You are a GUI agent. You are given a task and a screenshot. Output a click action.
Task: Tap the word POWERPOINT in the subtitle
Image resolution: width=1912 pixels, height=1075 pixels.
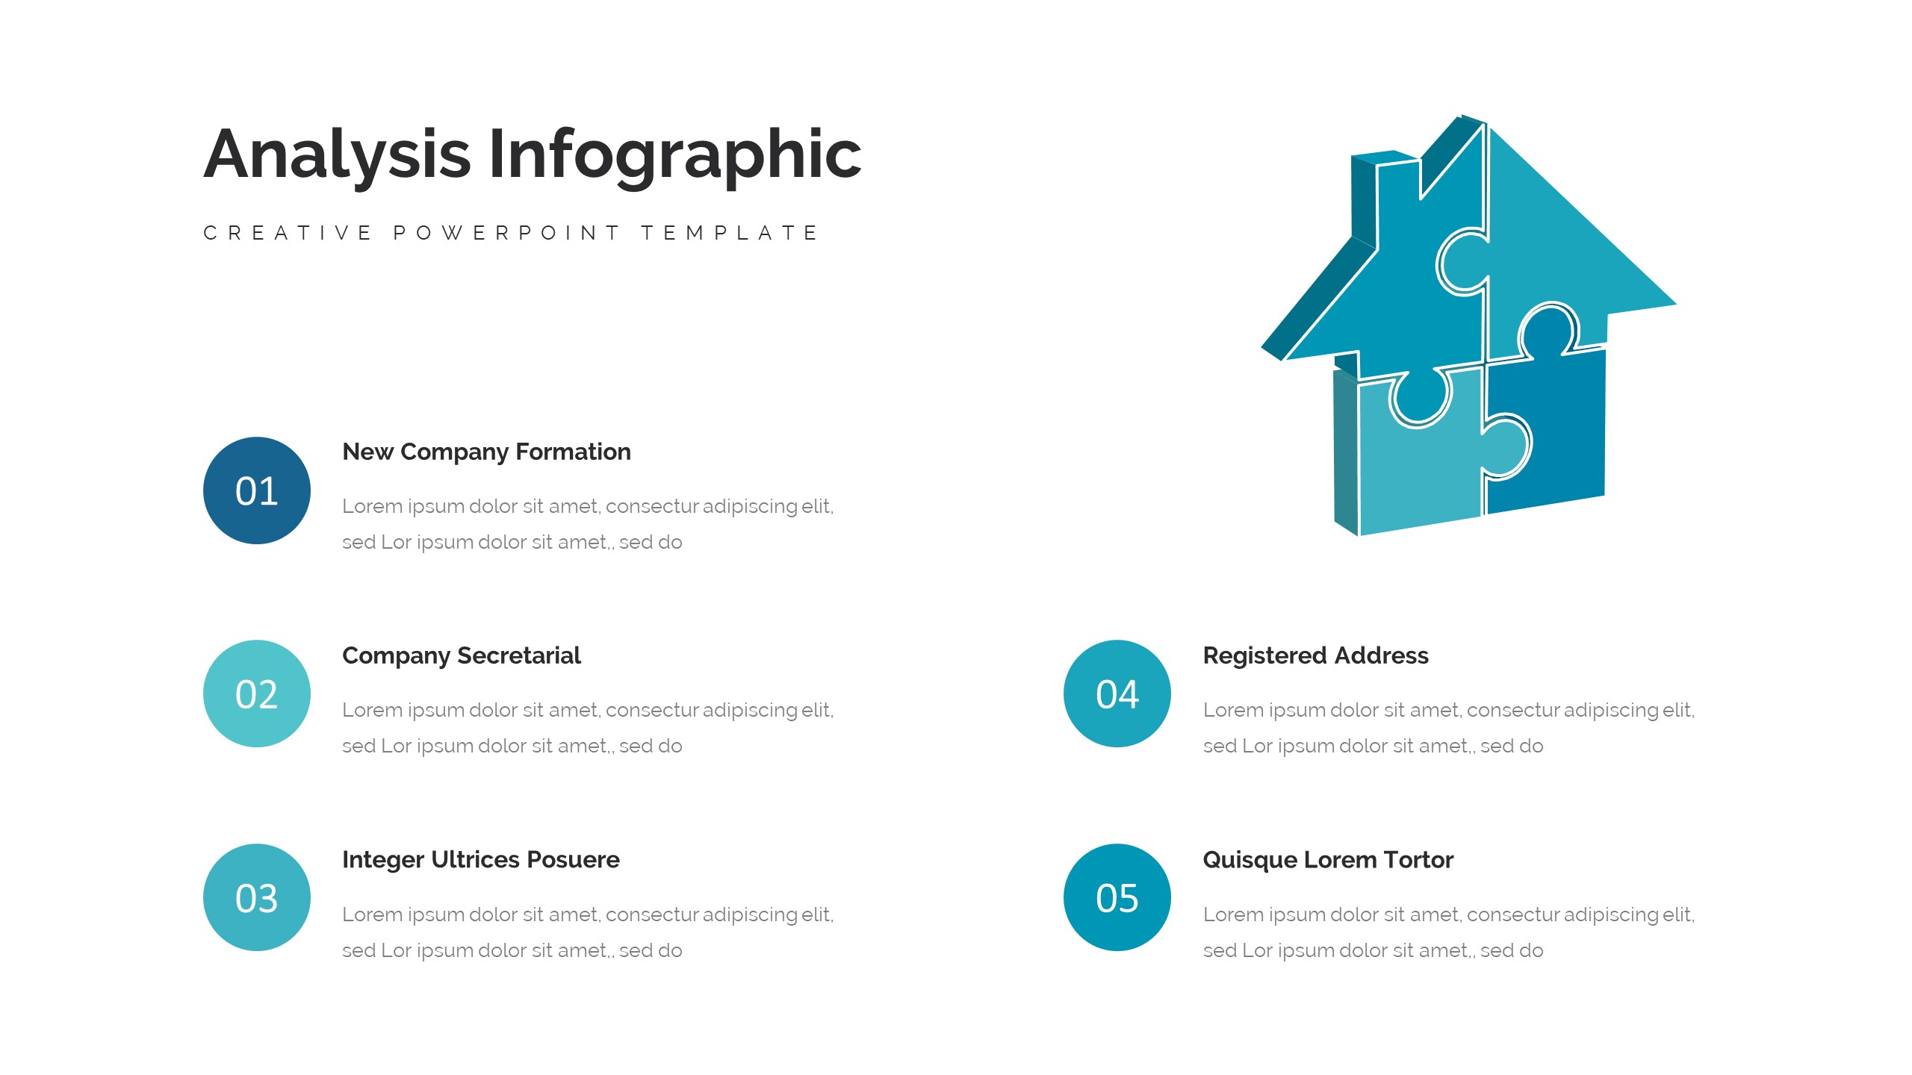507,233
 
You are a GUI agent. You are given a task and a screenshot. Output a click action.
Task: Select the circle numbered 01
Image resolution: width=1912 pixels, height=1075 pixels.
257,490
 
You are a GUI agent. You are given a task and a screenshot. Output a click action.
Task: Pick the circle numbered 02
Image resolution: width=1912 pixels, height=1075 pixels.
257,694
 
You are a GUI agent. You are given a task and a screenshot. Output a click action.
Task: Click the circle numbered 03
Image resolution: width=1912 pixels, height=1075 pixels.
257,897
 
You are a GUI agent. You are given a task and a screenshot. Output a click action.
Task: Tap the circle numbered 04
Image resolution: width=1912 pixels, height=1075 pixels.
1117,694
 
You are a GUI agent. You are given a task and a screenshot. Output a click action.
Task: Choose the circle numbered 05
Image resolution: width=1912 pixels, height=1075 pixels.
1117,897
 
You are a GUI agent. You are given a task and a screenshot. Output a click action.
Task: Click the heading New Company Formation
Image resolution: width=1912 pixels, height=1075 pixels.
486,452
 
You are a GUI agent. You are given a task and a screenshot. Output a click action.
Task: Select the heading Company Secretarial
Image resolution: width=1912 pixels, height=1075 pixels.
461,655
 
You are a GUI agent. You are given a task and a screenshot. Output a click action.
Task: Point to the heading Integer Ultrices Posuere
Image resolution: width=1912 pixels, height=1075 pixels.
480,859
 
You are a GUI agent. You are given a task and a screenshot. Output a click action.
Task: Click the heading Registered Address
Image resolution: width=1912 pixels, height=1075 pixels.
1315,655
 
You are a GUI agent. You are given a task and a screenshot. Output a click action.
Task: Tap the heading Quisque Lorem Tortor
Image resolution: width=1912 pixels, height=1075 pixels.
1328,859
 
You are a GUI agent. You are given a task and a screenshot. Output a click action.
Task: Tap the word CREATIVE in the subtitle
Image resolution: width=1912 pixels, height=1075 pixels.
288,233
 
